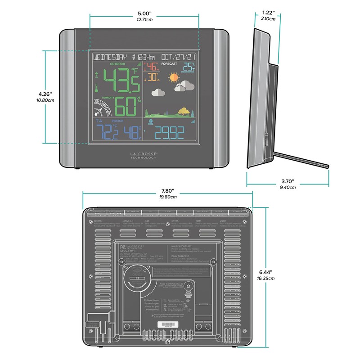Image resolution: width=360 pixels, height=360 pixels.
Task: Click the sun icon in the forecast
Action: click(174, 78)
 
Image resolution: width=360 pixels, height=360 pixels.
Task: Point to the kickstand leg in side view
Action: click(301, 159)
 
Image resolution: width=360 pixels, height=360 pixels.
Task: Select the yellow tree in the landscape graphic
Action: click(183, 110)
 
